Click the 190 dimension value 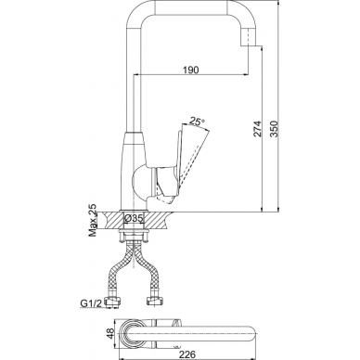pos(191,70)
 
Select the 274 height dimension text pos(258,128)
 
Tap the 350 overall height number pos(275,128)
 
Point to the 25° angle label pos(197,122)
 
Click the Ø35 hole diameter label pos(134,218)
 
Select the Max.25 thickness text pos(93,220)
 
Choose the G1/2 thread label pos(91,303)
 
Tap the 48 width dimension pos(110,334)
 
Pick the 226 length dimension pos(187,354)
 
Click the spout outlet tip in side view pos(249,45)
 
